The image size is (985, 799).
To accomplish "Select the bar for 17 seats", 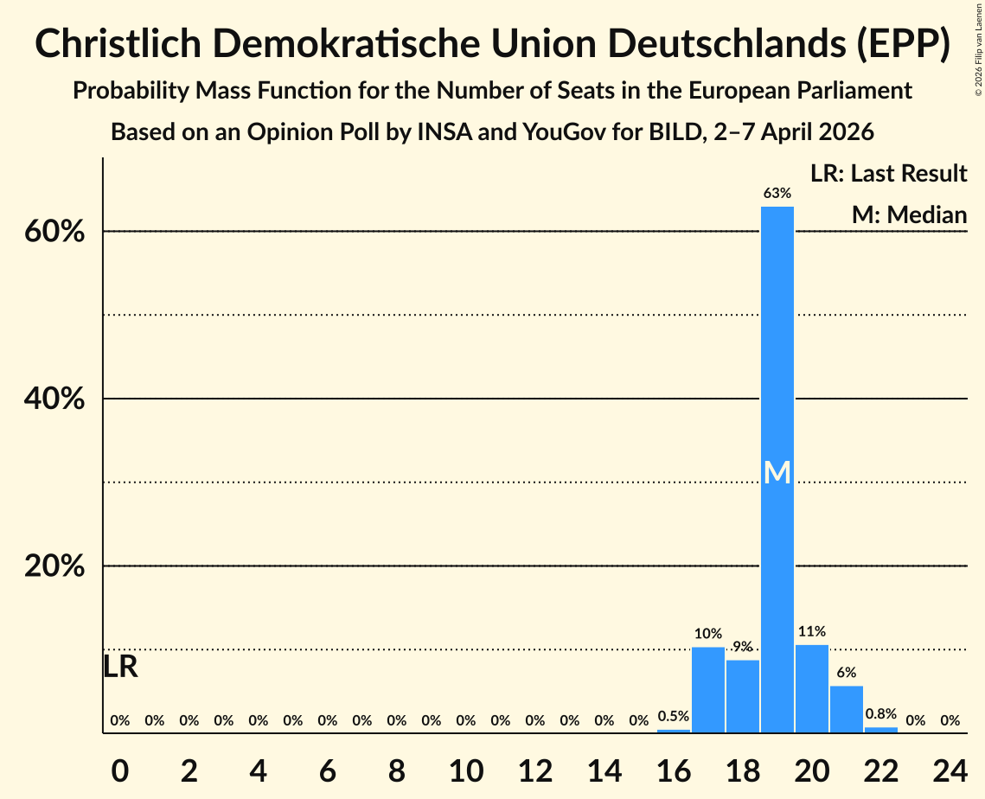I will pyautogui.click(x=707, y=690).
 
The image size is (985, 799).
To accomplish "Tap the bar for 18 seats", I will pyautogui.click(x=742, y=696).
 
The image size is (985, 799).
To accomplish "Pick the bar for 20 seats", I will pyautogui.click(x=811, y=689).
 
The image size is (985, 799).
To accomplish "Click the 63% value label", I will pyautogui.click(x=777, y=194).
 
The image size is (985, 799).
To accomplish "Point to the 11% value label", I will pyautogui.click(x=811, y=632).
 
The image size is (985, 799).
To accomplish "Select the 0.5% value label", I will pyautogui.click(x=673, y=716).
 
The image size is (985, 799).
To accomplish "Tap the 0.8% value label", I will pyautogui.click(x=880, y=714).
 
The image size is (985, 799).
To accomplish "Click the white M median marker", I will pyautogui.click(x=777, y=472).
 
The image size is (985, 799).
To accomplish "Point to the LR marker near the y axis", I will pyautogui.click(x=120, y=667).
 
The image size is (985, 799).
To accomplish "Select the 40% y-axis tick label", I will pyautogui.click(x=60, y=399).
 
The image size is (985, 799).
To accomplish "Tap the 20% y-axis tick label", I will pyautogui.click(x=60, y=566).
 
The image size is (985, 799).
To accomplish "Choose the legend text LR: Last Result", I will pyautogui.click(x=888, y=174).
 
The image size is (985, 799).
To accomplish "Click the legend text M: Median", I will pyautogui.click(x=909, y=214).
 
